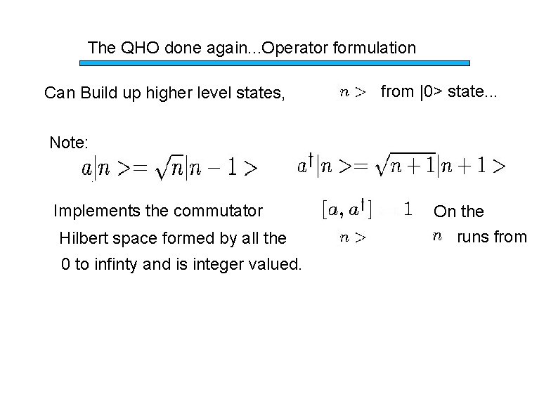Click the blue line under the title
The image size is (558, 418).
pos(275,63)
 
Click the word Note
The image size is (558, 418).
pos(69,143)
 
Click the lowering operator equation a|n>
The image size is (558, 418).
pos(169,168)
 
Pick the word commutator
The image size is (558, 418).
pos(222,210)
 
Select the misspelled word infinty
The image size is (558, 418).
pos(119,265)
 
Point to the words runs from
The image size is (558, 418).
pos(491,237)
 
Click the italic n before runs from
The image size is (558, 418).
pos(437,237)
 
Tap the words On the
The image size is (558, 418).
pos(458,211)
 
